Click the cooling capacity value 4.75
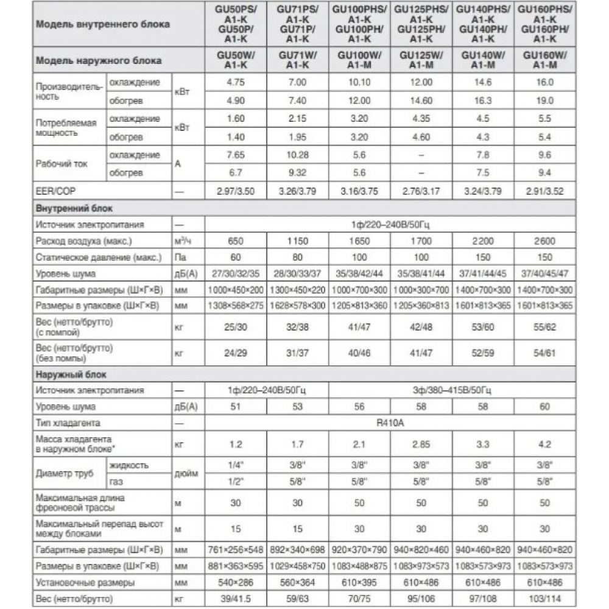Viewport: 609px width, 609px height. pos(236,82)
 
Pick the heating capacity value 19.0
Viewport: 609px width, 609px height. pos(544,100)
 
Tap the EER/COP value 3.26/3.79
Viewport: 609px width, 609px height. pos(297,191)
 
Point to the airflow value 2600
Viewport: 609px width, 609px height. pos(544,242)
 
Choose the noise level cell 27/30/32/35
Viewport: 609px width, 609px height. pos(236,274)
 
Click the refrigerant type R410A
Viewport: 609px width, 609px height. pos(390,422)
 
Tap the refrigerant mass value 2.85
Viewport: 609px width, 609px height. pos(421,444)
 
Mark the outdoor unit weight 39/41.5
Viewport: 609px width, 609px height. pos(236,600)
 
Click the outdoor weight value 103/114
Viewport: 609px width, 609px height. pos(544,600)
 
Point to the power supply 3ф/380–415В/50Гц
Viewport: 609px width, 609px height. pos(451,390)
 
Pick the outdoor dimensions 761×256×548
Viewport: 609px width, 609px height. pos(236,550)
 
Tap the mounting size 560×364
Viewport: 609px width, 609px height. pos(297,583)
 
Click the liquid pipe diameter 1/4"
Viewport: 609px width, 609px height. pos(236,465)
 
